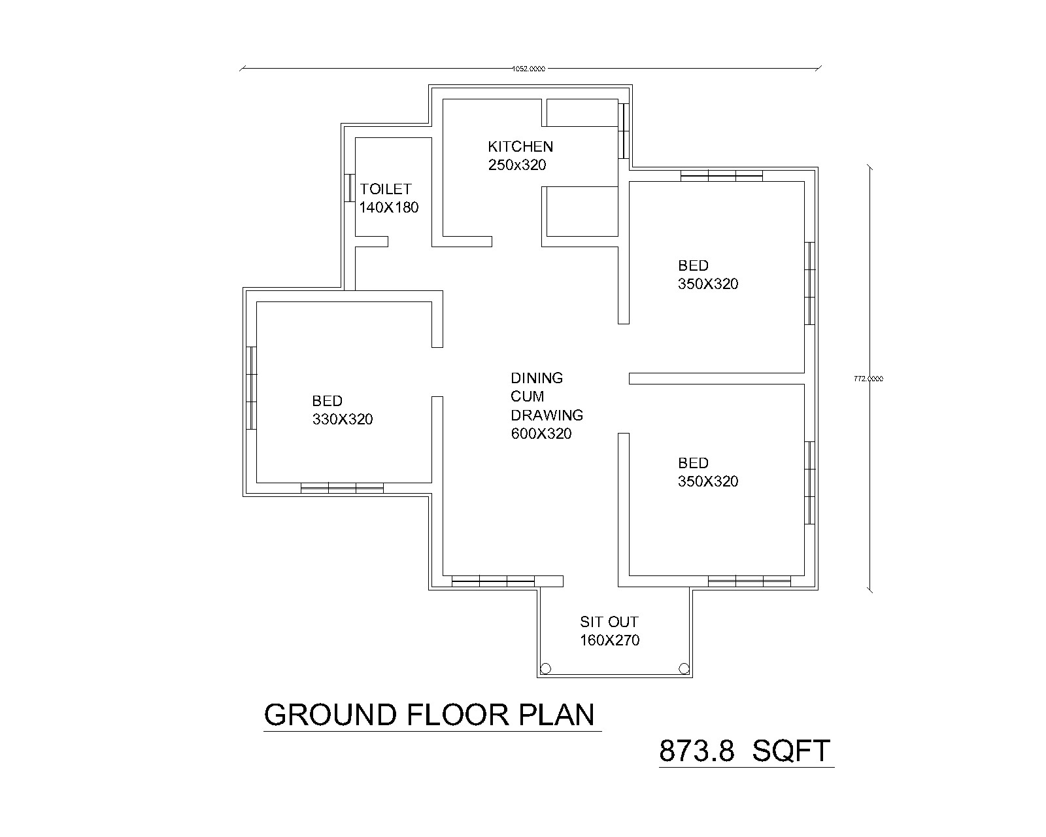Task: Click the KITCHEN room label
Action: pos(520,146)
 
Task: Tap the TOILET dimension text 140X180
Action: pos(388,208)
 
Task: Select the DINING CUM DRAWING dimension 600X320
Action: pos(541,434)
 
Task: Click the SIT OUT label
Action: pos(609,622)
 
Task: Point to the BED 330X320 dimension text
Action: pos(343,419)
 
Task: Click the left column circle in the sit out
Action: pos(546,668)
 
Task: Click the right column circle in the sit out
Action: pos(684,668)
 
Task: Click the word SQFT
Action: pos(791,751)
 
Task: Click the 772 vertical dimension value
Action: pos(869,379)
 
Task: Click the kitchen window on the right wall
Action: pos(624,130)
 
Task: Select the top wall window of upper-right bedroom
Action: pos(721,175)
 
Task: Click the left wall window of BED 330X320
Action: pos(252,387)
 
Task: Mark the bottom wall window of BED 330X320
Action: pos(342,487)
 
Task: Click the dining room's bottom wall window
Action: pos(493,581)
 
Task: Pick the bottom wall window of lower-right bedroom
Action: pos(749,581)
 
